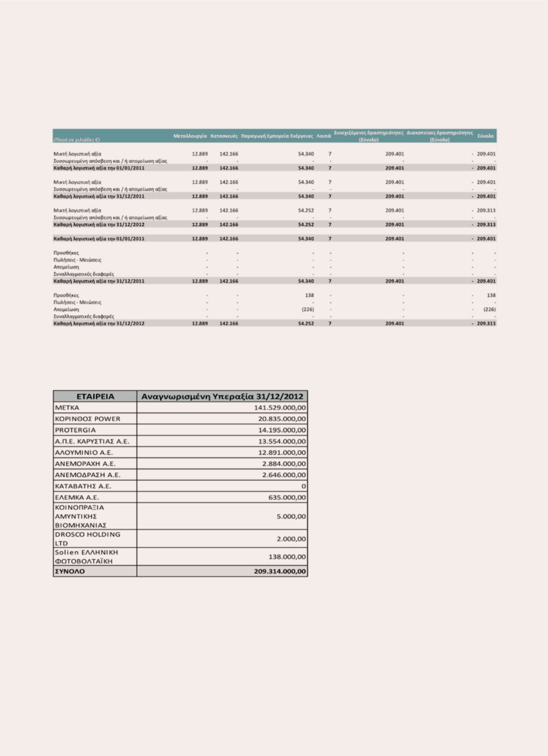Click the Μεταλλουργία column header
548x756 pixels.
tap(190, 136)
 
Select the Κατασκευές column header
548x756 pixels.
tap(224, 136)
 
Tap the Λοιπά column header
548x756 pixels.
tap(323, 136)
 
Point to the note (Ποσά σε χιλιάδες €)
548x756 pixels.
tap(76, 139)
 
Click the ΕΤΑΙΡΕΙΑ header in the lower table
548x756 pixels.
tap(95, 396)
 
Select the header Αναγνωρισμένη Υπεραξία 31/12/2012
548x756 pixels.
tap(222, 396)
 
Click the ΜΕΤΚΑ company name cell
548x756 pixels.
tap(67, 407)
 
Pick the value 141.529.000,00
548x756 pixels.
tap(280, 407)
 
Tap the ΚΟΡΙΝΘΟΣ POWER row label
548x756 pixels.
tap(88, 419)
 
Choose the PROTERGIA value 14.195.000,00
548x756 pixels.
tap(282, 430)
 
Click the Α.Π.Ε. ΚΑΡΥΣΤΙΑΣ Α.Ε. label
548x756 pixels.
tap(92, 441)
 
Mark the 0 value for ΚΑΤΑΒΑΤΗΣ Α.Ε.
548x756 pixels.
tap(303, 486)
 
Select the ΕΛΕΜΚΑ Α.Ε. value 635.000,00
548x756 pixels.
tap(287, 497)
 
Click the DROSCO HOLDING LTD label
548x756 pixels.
tap(88, 539)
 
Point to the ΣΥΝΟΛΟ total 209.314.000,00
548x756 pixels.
tap(280, 571)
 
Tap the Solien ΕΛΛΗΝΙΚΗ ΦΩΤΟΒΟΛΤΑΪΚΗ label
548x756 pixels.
tap(87, 556)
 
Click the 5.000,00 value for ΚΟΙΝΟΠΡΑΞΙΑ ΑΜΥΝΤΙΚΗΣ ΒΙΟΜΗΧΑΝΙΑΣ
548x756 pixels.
tap(291, 516)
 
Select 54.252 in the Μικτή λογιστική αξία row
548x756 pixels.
tap(306, 210)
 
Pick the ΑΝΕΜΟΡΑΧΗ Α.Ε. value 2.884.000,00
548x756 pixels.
tap(284, 463)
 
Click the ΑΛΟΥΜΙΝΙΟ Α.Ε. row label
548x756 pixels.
tap(84, 453)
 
